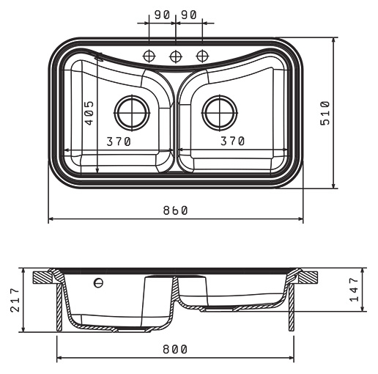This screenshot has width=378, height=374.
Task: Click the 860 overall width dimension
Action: (175, 210)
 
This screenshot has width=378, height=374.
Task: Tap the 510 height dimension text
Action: (325, 113)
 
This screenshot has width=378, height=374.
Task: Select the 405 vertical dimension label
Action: (89, 113)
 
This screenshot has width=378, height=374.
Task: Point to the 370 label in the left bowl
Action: (119, 142)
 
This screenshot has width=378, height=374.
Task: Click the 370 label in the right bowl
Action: (232, 141)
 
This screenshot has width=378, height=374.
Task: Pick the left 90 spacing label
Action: (162, 15)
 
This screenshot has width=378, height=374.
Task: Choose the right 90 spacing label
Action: (189, 15)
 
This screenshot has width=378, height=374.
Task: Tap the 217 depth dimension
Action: (15, 300)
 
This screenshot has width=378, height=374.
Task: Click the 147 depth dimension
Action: (354, 290)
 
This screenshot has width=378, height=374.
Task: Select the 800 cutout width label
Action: (175, 349)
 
